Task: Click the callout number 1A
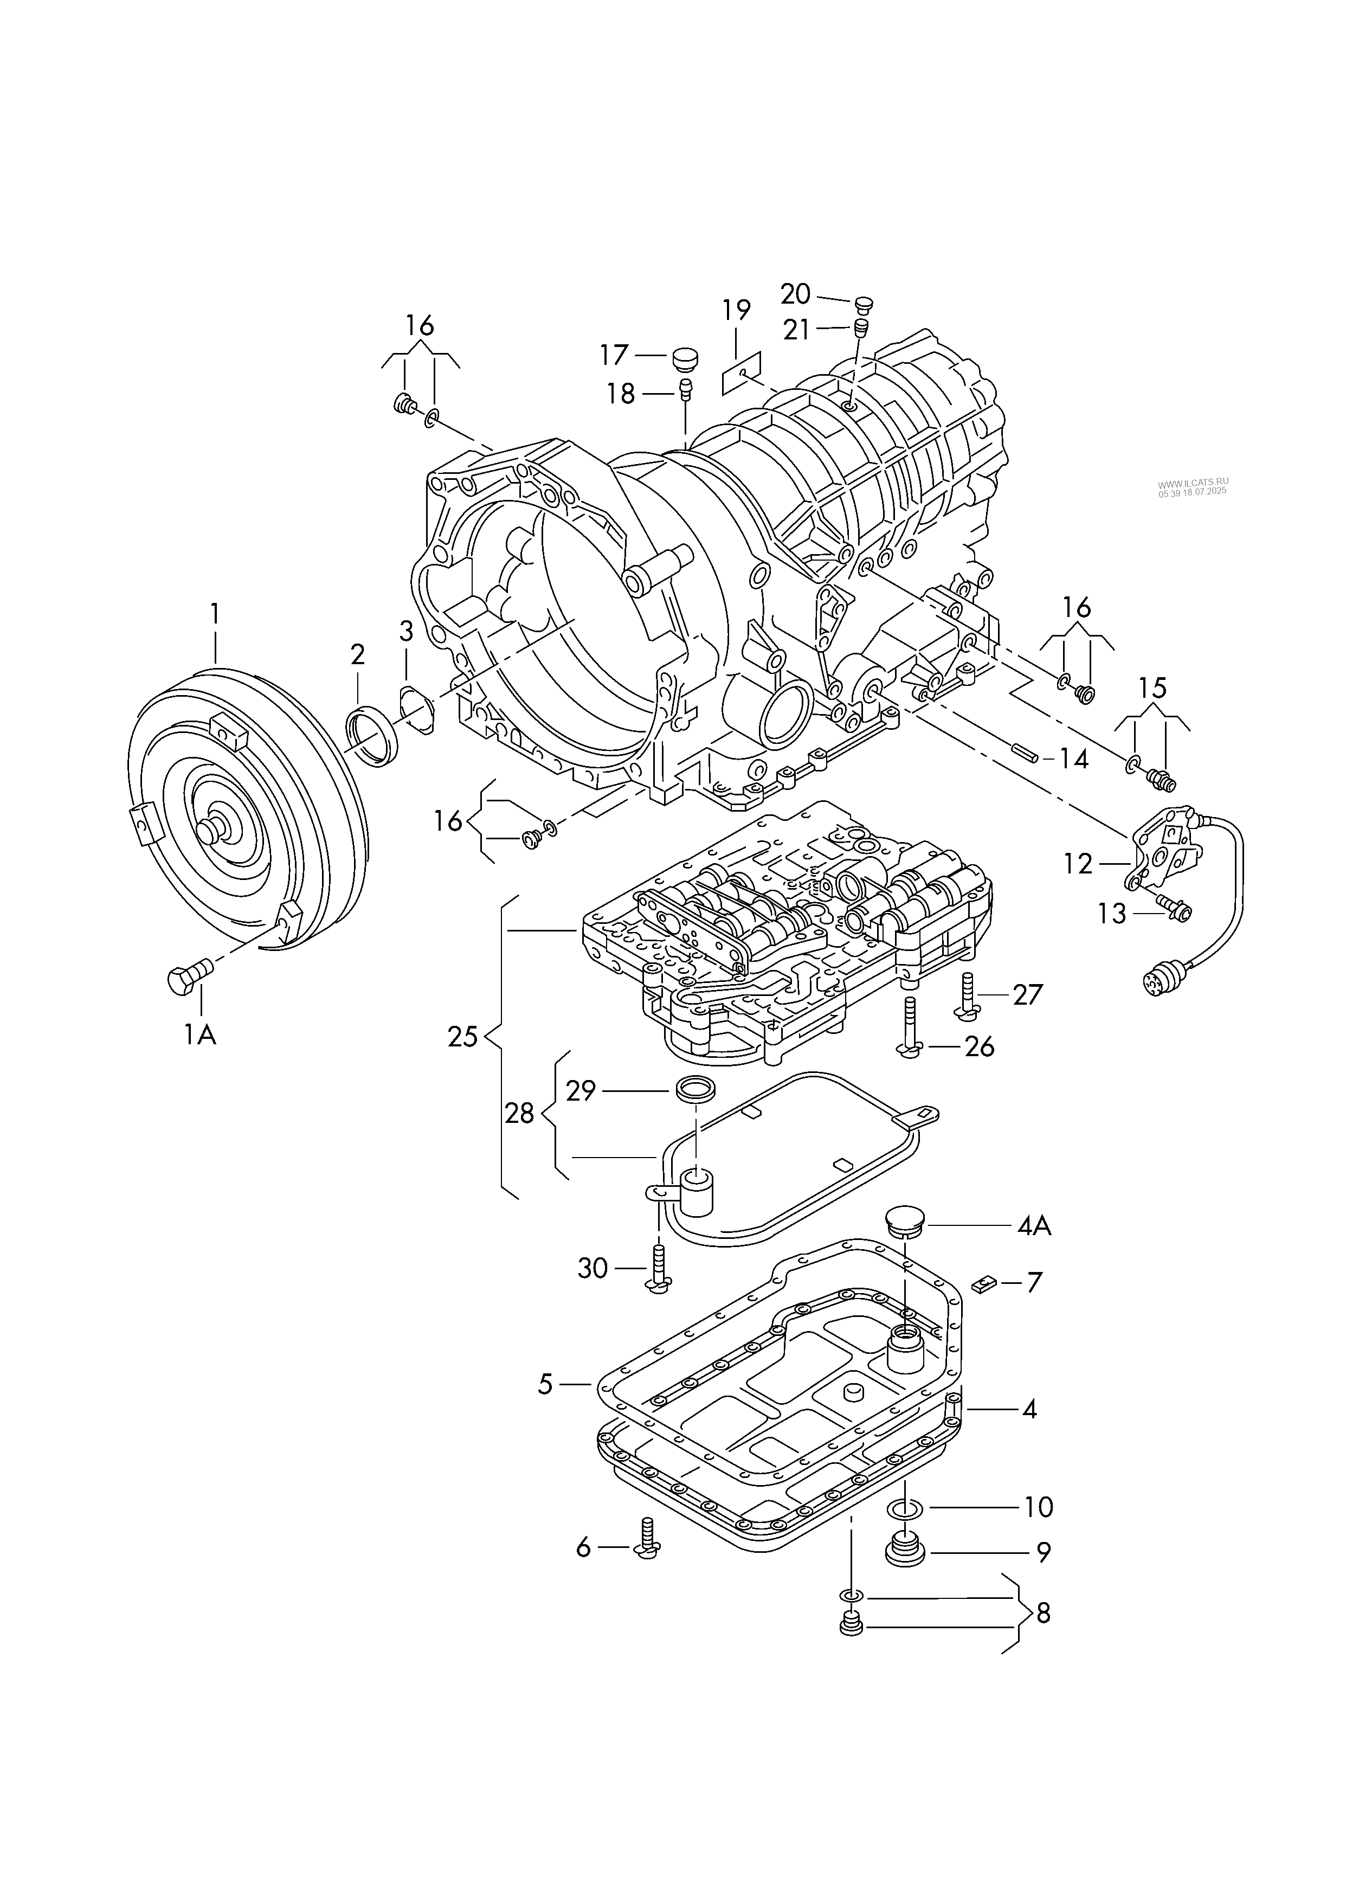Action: (199, 1034)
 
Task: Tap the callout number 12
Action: (1078, 864)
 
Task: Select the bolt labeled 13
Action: (1172, 908)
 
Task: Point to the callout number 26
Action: (980, 1047)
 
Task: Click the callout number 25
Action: (462, 1037)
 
